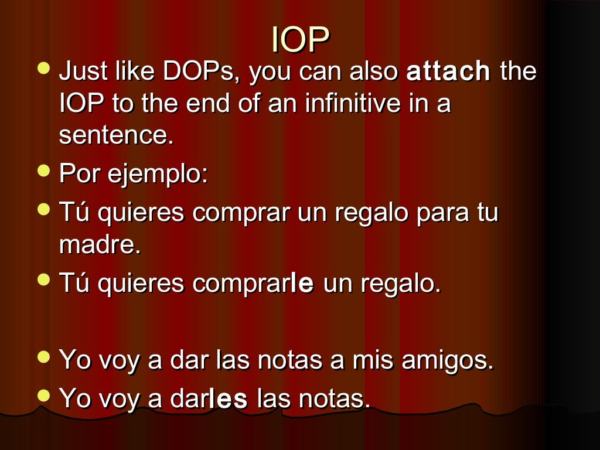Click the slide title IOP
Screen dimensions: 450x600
pos(300,40)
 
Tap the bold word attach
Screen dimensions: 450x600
pos(448,72)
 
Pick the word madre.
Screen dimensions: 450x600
pos(100,245)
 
